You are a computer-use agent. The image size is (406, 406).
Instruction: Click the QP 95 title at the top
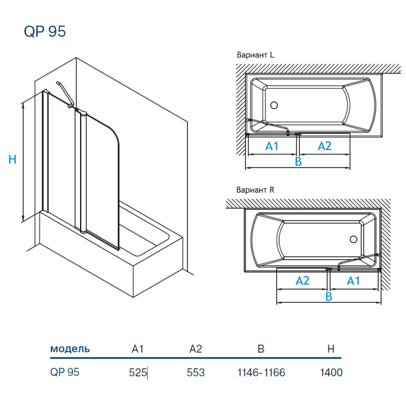[45, 31]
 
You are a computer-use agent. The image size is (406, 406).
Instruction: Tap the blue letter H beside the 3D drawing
[12, 159]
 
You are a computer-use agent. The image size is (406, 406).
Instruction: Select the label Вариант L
[255, 55]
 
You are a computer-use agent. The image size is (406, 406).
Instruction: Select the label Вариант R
[255, 190]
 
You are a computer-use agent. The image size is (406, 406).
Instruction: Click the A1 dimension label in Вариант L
[272, 146]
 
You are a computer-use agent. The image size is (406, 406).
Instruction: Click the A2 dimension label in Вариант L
[324, 146]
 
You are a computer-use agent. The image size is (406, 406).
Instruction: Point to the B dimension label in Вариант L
[298, 161]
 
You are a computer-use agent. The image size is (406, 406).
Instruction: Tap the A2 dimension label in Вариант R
[302, 281]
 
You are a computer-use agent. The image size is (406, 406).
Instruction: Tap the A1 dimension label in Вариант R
[353, 281]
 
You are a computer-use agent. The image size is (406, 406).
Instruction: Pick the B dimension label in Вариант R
[328, 296]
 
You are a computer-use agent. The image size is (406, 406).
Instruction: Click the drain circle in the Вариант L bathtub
[275, 106]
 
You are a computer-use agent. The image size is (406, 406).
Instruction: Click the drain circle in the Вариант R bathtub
[351, 239]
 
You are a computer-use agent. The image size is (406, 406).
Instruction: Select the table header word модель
[70, 349]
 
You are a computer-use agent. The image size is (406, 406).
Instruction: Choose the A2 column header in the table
[195, 349]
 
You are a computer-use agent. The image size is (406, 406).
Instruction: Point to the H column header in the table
[331, 349]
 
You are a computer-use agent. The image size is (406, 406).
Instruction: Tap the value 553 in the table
[195, 372]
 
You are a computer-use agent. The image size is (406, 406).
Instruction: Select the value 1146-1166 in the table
[261, 372]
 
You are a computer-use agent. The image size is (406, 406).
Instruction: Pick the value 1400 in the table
[331, 372]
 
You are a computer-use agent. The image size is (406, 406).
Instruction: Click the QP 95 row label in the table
[64, 372]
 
